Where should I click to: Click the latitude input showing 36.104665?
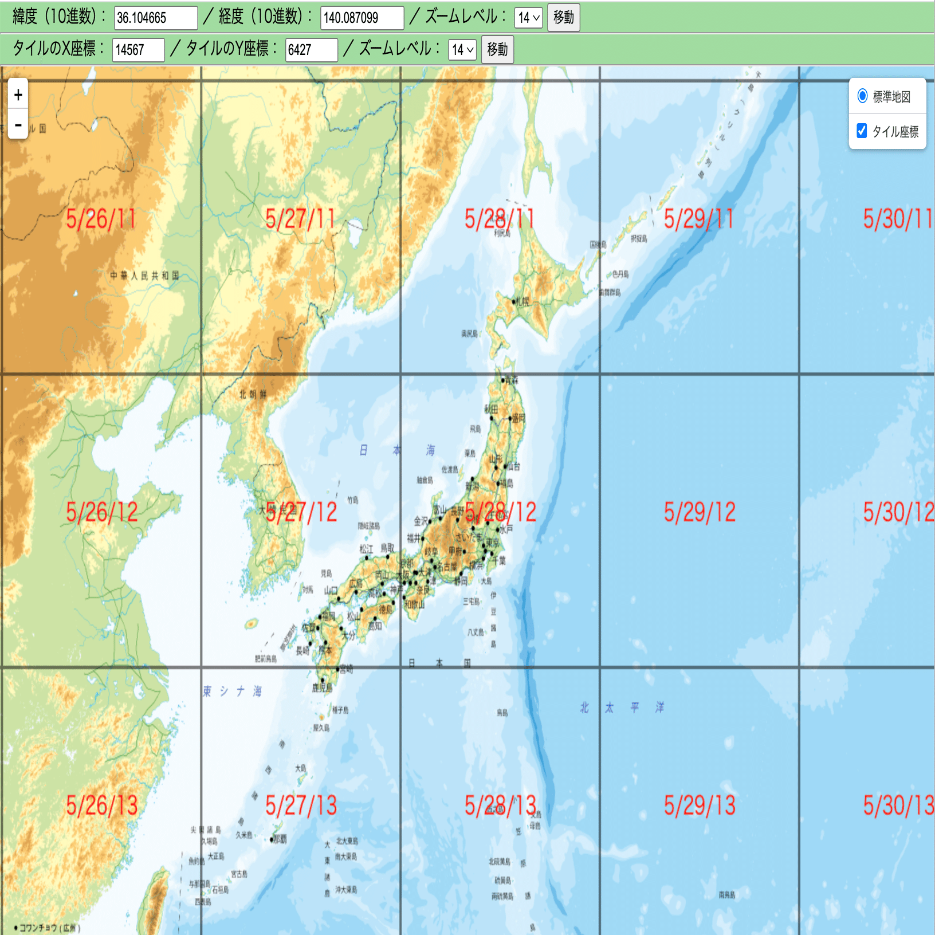point(155,18)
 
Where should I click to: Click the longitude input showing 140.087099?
point(362,18)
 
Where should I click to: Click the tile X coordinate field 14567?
point(138,50)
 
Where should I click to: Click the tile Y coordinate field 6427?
point(311,50)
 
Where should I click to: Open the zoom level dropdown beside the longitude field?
point(528,18)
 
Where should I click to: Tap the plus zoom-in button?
point(18,95)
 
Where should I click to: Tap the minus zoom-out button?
point(18,124)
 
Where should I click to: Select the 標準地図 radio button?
point(862,96)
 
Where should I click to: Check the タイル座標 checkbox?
point(862,131)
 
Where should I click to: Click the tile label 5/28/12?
point(500,512)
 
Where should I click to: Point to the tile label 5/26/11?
point(101,219)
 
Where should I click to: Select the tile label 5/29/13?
point(699,806)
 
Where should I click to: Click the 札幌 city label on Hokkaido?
point(522,301)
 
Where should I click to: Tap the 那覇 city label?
point(280,839)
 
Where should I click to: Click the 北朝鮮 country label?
point(253,394)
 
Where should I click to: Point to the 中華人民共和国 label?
point(144,276)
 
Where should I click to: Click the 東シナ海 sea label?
point(232,692)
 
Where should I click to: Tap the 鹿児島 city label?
point(322,687)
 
